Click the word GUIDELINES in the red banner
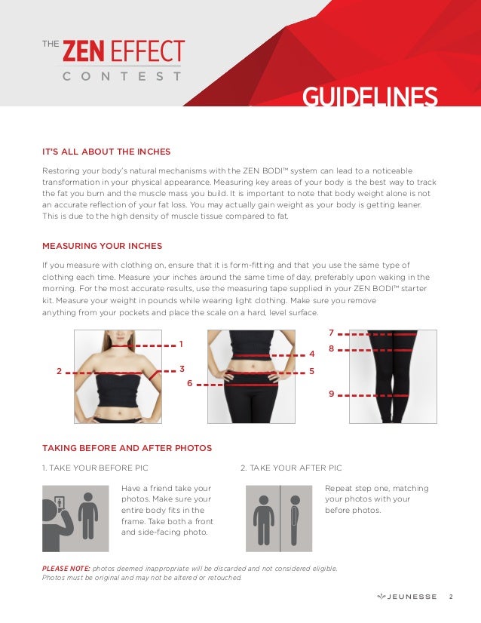tap(369, 97)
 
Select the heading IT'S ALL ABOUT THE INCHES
tap(106, 152)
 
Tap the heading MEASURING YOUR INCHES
tap(102, 246)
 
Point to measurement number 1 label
tap(181, 345)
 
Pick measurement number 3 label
tap(182, 369)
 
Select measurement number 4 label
tap(312, 354)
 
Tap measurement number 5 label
tap(312, 372)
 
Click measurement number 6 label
tap(190, 383)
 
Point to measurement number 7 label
tap(331, 333)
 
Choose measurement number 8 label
tap(331, 349)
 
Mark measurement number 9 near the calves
tap(331, 394)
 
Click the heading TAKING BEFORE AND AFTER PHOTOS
tap(127, 448)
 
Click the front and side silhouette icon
tap(279, 518)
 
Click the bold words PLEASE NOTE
tap(66, 569)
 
